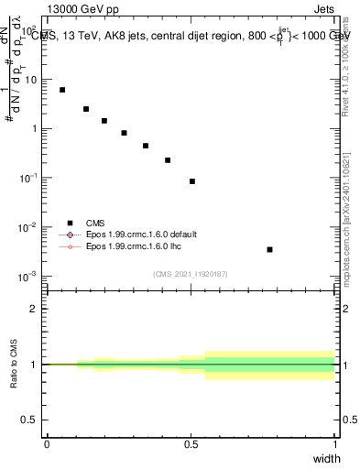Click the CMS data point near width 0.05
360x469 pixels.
point(62,90)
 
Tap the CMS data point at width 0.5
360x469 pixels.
point(192,181)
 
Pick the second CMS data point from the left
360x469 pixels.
point(86,109)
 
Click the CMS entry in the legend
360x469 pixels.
point(94,223)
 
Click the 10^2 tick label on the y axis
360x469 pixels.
point(29,30)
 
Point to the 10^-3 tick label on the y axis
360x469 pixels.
point(29,276)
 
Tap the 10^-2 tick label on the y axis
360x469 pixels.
point(29,226)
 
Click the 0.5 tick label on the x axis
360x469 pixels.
point(191,443)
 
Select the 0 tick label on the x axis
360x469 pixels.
point(47,443)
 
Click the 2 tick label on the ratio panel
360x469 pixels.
point(34,309)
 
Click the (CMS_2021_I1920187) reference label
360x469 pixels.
point(190,274)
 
